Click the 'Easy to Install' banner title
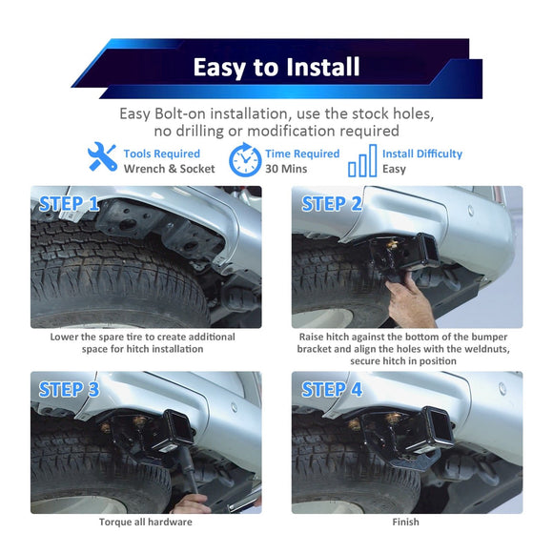[276, 68]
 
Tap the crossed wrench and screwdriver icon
[102, 156]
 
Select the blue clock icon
[245, 160]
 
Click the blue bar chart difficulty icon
[362, 160]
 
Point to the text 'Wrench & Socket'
[170, 169]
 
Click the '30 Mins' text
[286, 169]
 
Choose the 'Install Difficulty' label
[422, 154]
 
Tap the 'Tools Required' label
[161, 154]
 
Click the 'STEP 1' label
[69, 204]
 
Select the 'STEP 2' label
[332, 204]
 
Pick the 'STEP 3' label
[69, 389]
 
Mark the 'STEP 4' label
[332, 389]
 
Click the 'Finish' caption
[405, 522]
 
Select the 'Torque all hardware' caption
[146, 522]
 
